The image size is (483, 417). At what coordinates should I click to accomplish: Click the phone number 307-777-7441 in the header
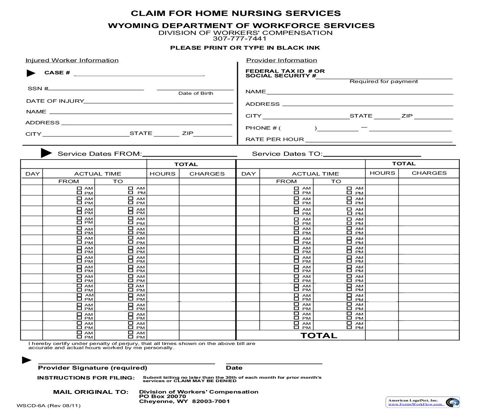pyautogui.click(x=239, y=39)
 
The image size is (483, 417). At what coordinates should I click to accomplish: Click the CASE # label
pyautogui.click(x=57, y=73)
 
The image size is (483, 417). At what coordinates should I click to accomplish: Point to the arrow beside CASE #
pyautogui.click(x=31, y=73)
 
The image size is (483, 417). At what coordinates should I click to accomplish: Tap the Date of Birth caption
pyautogui.click(x=195, y=93)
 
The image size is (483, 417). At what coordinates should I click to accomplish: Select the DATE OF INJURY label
pyautogui.click(x=55, y=101)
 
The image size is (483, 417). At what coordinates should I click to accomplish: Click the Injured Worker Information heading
pyautogui.click(x=72, y=60)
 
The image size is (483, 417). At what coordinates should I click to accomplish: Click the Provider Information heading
pyautogui.click(x=281, y=60)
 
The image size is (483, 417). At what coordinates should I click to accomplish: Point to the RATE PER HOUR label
pyautogui.click(x=275, y=140)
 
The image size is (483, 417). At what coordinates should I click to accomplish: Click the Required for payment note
pyautogui.click(x=383, y=82)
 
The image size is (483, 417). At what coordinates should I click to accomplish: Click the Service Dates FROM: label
pyautogui.click(x=100, y=154)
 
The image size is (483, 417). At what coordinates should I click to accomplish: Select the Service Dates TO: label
pyautogui.click(x=287, y=154)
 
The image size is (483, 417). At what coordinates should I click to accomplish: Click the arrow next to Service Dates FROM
pyautogui.click(x=46, y=153)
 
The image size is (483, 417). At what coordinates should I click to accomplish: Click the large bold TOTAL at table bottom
pyautogui.click(x=319, y=335)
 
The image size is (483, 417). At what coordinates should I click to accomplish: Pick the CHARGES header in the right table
pyautogui.click(x=429, y=173)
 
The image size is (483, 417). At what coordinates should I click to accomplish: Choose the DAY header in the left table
pyautogui.click(x=33, y=174)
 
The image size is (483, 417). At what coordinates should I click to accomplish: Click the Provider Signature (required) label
pyautogui.click(x=92, y=368)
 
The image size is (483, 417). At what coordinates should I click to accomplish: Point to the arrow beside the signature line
pyautogui.click(x=27, y=360)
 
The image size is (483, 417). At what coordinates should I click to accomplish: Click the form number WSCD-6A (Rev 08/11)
pyautogui.click(x=48, y=406)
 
